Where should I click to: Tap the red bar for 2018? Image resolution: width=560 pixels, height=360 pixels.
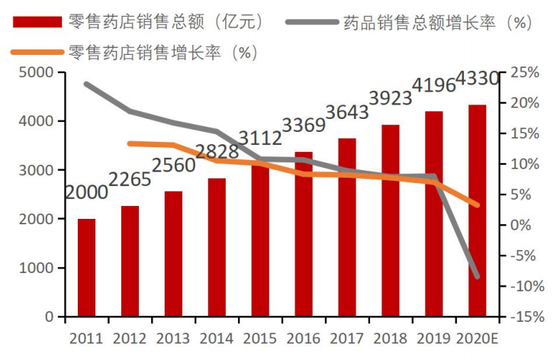coord(391,220)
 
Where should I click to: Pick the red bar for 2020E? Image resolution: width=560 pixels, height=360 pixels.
coord(478,211)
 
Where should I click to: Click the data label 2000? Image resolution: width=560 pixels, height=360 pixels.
coord(86,193)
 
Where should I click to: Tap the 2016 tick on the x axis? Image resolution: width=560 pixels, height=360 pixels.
coord(304,338)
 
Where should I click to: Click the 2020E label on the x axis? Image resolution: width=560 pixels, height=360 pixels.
coord(479,338)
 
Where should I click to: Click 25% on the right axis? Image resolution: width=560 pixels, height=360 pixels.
coord(524,72)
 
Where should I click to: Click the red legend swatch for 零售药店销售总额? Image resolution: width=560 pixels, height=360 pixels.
coord(35,21)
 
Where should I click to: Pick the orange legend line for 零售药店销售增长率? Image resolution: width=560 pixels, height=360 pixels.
coord(35,53)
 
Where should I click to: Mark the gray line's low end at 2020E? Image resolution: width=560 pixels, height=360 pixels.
coord(478,277)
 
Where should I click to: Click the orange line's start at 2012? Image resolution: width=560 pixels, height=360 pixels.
coord(130,143)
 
